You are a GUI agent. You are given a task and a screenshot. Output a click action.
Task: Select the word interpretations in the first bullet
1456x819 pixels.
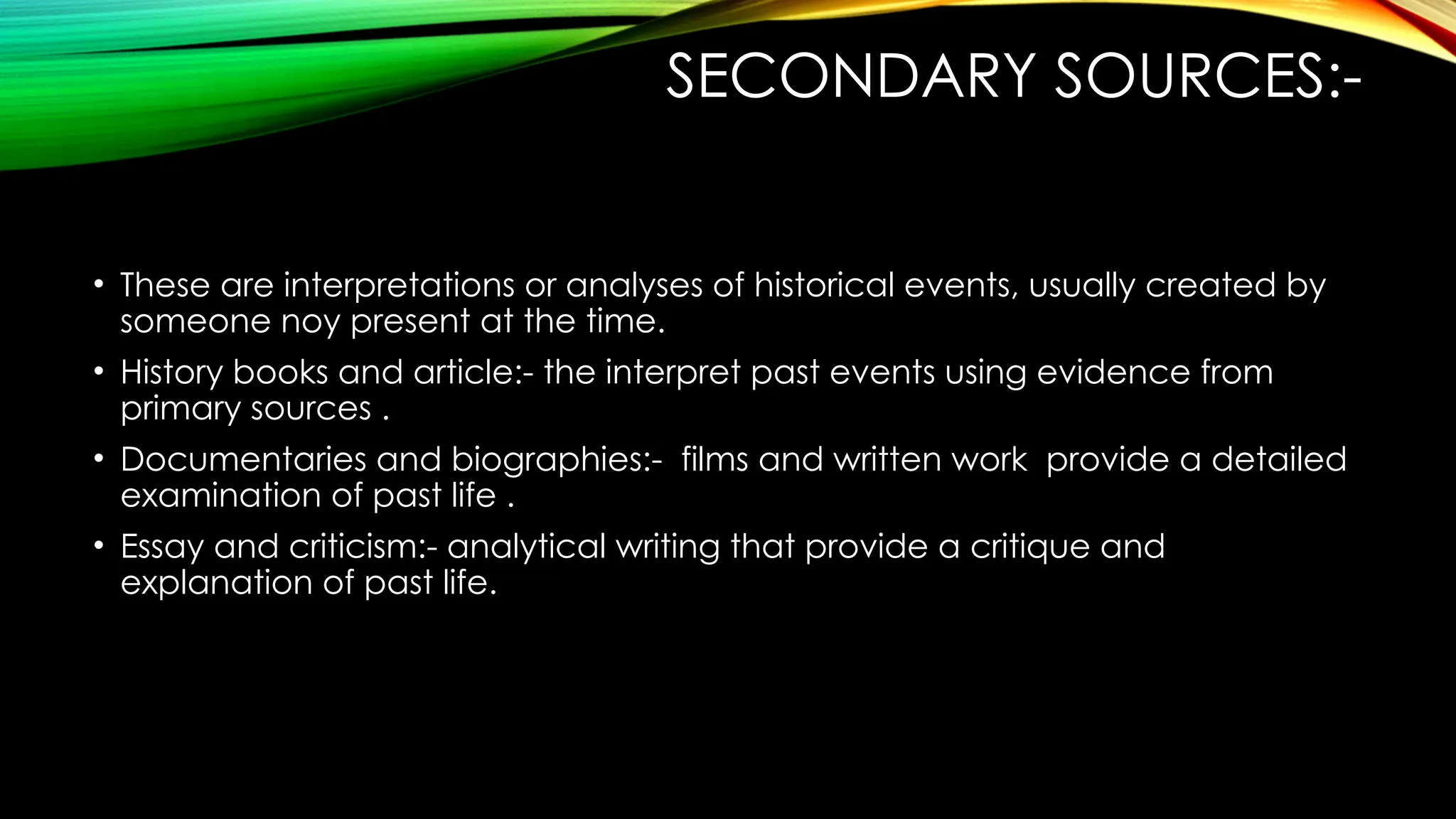tap(399, 285)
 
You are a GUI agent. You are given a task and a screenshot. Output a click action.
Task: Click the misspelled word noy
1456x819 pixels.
tap(311, 321)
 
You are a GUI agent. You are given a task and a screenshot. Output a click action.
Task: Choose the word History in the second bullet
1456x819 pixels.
tap(171, 373)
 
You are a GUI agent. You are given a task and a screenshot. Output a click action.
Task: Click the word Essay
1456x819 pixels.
tap(161, 547)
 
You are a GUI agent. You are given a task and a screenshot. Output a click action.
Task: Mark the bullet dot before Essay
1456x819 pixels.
tap(100, 547)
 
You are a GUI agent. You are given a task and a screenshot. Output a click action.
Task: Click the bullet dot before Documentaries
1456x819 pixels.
tap(100, 460)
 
